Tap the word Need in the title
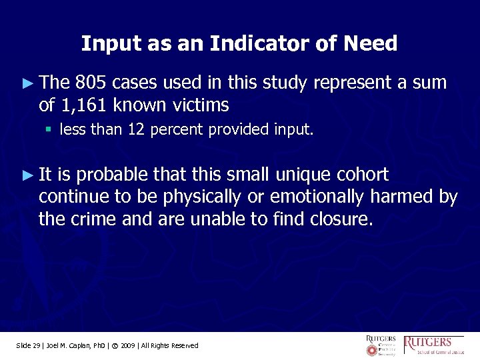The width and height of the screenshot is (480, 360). (371, 44)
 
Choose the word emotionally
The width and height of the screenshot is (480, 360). (316, 197)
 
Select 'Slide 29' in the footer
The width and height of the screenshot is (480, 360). (28, 345)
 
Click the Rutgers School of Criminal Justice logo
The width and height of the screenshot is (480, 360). (435, 345)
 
